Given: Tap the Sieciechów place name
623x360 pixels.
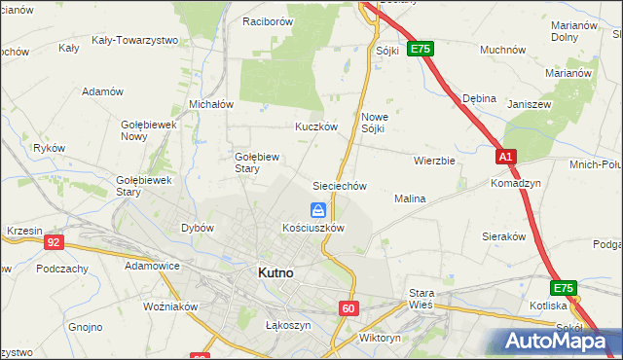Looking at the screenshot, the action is coord(339,185).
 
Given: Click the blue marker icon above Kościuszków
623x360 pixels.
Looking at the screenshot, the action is coord(318,209).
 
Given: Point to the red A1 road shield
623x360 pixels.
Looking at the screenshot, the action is coord(504,157).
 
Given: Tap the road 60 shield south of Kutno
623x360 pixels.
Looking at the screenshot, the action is coord(349,307).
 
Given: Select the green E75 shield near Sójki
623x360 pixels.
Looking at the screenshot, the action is coord(420,49).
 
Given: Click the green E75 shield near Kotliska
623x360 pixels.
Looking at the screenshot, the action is coord(564,289).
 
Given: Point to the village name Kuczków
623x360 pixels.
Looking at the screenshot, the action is coord(316,126).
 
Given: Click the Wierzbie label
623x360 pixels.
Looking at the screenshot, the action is coord(434,161).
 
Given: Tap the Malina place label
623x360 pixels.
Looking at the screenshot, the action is coord(410,198).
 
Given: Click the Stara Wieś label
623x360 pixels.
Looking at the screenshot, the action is coord(421,299).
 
